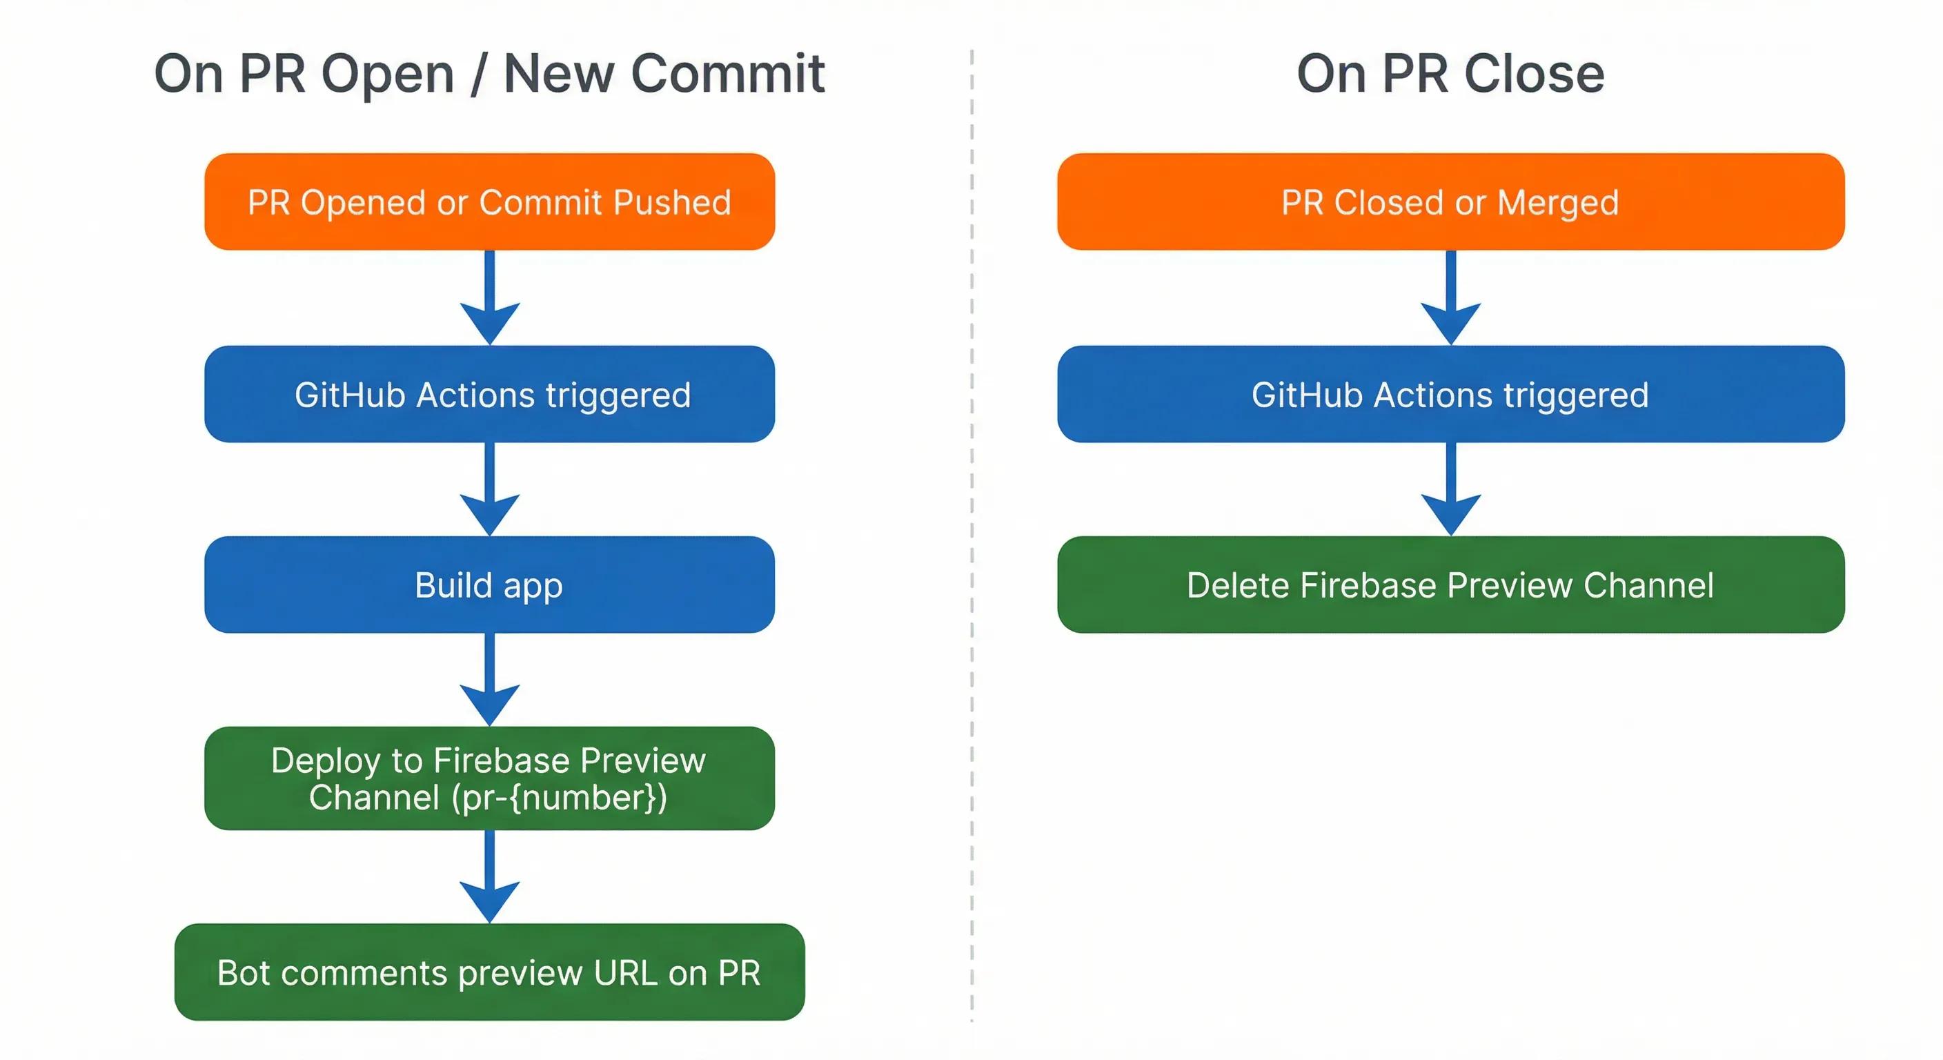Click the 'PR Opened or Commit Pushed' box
click(489, 202)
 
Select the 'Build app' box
click(489, 585)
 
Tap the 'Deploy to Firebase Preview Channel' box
click(489, 778)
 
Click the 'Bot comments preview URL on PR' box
click(489, 972)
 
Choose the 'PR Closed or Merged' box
click(1450, 202)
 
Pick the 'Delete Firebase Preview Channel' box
click(1450, 585)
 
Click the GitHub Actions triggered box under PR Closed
click(1450, 394)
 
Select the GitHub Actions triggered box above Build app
click(489, 394)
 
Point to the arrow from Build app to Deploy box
click(489, 679)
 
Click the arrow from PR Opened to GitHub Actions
click(489, 298)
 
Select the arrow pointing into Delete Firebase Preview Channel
click(1450, 489)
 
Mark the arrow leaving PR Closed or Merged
click(1450, 298)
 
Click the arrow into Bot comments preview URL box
click(489, 876)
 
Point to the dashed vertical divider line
click(971, 528)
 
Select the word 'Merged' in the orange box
click(1557, 203)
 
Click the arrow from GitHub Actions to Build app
click(489, 489)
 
